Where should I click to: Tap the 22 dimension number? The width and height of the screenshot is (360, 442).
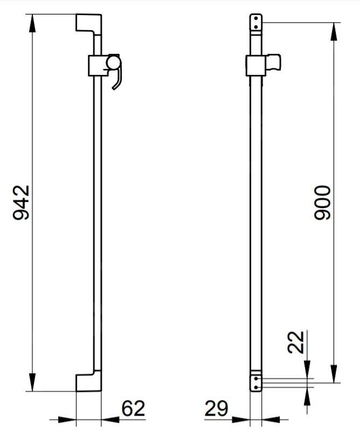tap(296, 342)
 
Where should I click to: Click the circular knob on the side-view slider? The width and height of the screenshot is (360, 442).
tap(114, 64)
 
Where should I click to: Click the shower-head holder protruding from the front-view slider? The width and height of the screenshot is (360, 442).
tap(274, 63)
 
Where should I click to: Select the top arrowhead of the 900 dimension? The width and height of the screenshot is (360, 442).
tap(334, 30)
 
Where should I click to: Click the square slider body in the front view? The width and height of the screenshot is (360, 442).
tap(255, 66)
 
